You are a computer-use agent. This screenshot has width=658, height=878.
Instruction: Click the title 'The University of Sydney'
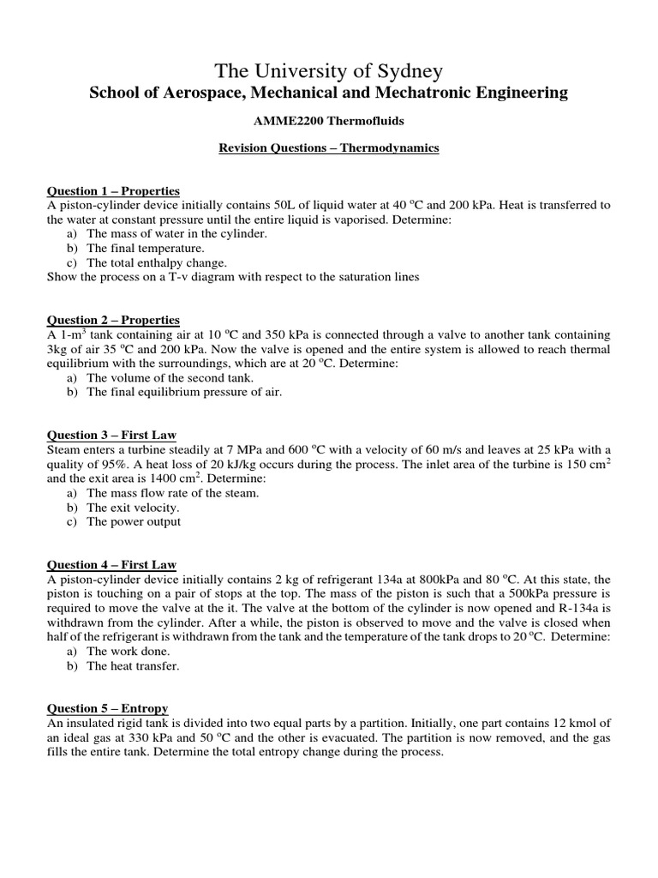329,70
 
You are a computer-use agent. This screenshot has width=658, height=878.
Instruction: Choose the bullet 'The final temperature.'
146,249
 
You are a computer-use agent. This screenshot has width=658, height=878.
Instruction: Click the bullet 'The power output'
134,521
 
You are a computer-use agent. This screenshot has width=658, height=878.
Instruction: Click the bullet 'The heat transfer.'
133,665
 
